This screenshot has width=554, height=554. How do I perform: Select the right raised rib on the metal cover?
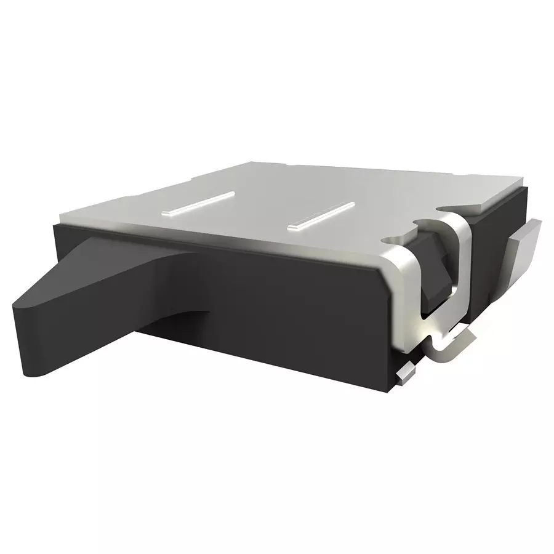click(321, 215)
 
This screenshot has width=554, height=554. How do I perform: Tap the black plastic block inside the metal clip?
click(440, 271)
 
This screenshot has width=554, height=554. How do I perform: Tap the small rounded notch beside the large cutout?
click(390, 237)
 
